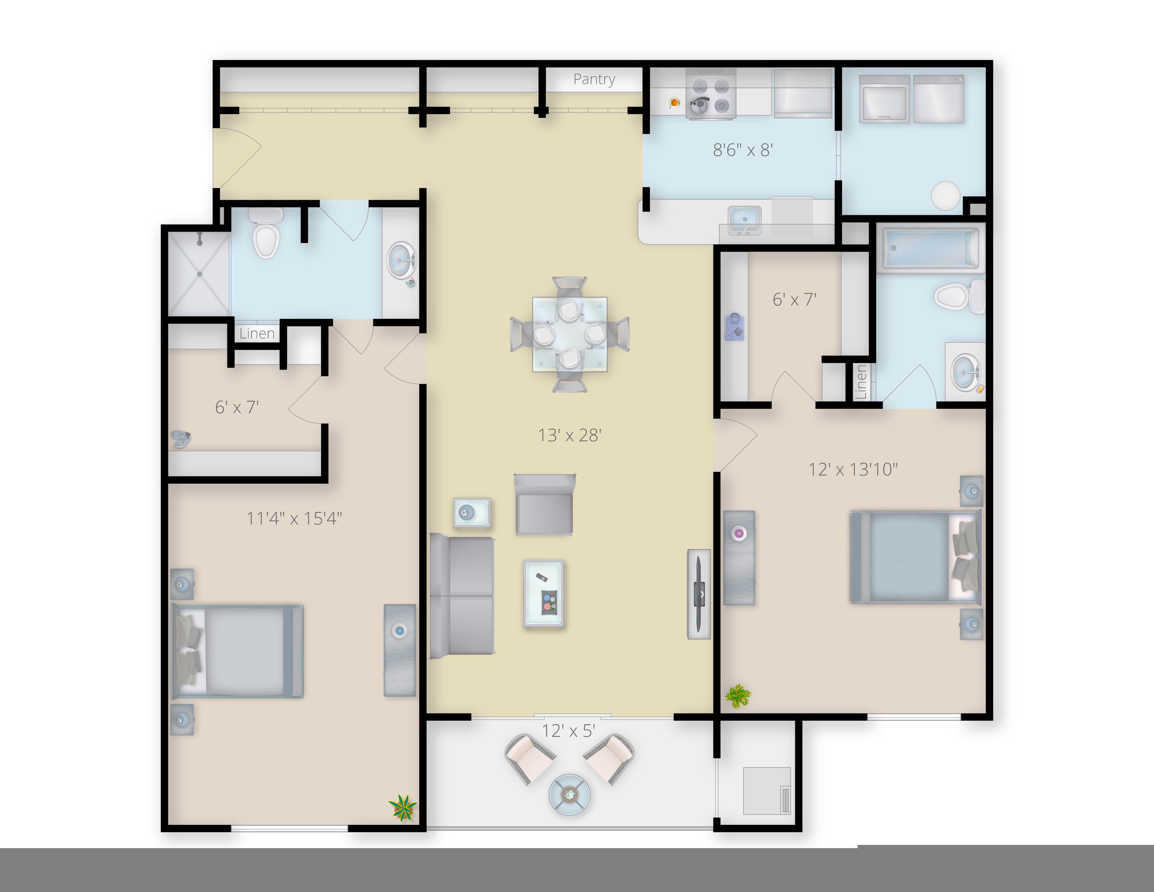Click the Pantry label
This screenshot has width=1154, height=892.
coord(594,79)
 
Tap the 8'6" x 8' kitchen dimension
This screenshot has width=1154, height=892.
coord(743,150)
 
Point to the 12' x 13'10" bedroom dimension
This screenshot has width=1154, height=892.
coord(853,469)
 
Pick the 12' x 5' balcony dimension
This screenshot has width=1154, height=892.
coord(568,731)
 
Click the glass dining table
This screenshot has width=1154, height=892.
coord(570,334)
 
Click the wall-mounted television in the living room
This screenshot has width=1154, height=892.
coord(699,594)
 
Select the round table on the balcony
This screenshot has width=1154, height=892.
coord(570,794)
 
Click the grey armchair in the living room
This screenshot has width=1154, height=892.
coord(544,505)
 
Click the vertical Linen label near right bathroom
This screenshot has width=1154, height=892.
coord(860,382)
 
